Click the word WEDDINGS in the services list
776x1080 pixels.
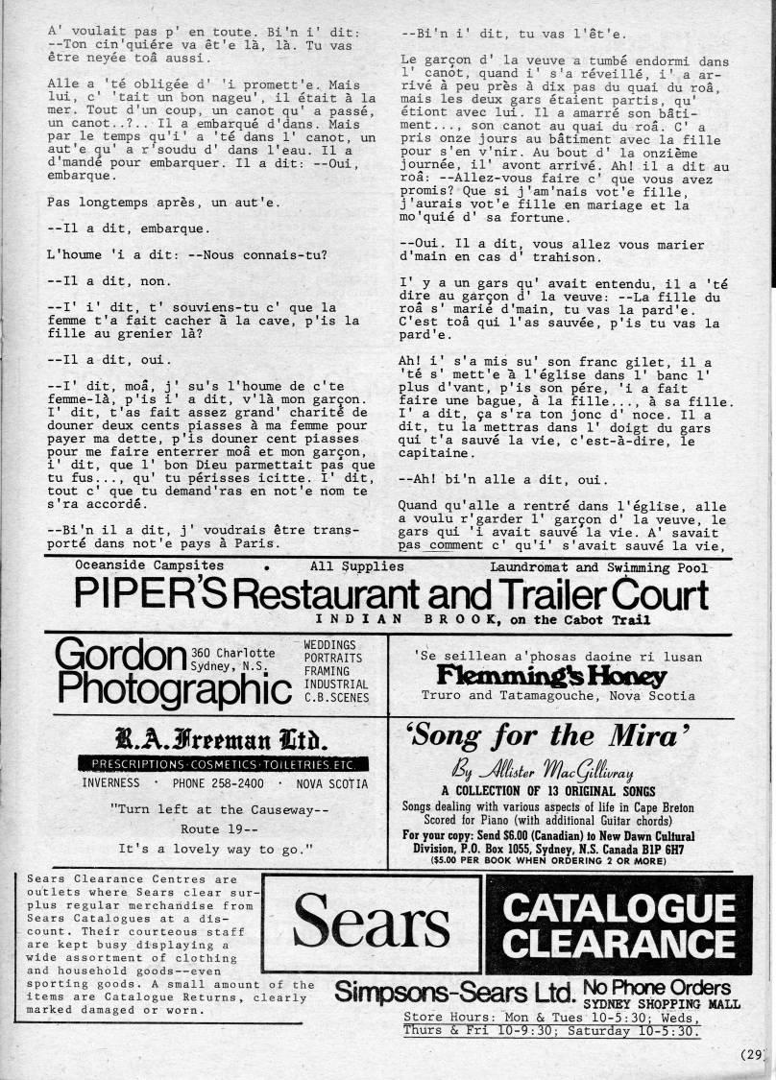pyautogui.click(x=329, y=644)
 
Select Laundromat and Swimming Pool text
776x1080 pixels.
pyautogui.click(x=598, y=566)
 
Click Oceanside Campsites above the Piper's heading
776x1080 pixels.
pyautogui.click(x=149, y=565)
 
